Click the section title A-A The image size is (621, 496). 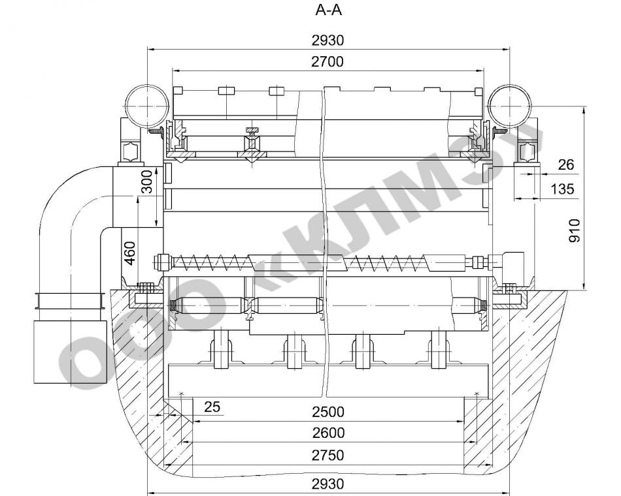point(328,10)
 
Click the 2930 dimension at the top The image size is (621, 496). point(328,40)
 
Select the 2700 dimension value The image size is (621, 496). point(327,62)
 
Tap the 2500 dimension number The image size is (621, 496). point(328,412)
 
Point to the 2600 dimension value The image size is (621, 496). point(328,433)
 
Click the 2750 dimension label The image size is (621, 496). point(328,456)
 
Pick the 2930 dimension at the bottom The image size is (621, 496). point(328,484)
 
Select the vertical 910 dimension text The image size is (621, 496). point(574,230)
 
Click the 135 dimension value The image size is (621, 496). point(562,189)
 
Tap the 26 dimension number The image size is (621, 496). point(565,164)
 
